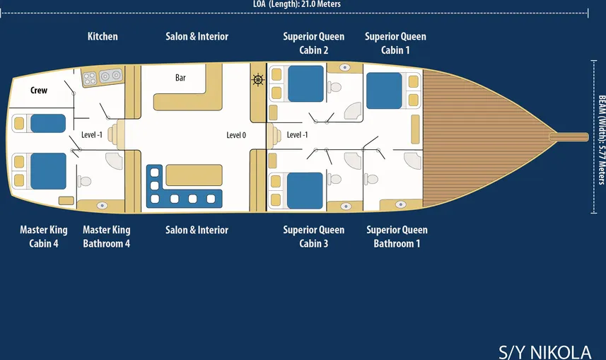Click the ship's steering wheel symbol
tap(258, 80)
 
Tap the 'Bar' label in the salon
tap(180, 78)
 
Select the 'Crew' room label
tap(39, 90)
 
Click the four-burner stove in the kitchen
tap(90, 79)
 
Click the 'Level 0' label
tap(236, 135)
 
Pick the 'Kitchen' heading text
tap(103, 36)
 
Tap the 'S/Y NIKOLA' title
tap(544, 352)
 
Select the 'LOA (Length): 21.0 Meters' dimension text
tap(297, 4)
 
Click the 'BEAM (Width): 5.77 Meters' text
tap(601, 139)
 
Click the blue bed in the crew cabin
tap(48, 123)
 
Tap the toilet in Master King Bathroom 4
tap(85, 181)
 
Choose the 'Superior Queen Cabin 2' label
tap(313, 43)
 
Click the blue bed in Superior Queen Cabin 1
tap(384, 91)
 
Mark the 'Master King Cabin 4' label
tap(44, 236)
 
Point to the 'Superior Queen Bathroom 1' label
tap(397, 236)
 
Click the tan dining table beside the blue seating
tap(194, 175)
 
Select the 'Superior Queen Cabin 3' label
tap(313, 236)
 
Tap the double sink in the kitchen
tap(110, 76)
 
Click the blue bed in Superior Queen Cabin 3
tap(305, 191)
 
